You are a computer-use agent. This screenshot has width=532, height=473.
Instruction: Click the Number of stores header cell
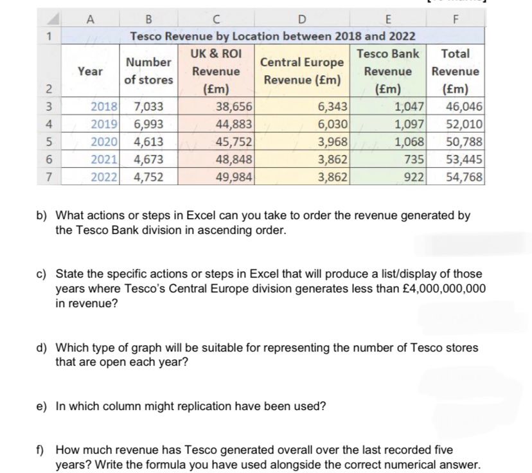click(x=148, y=71)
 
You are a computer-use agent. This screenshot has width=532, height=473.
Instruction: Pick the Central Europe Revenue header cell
click(x=302, y=71)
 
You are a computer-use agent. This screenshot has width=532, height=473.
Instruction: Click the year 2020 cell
click(x=103, y=142)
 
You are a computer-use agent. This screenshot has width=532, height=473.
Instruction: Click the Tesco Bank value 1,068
click(x=409, y=142)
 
